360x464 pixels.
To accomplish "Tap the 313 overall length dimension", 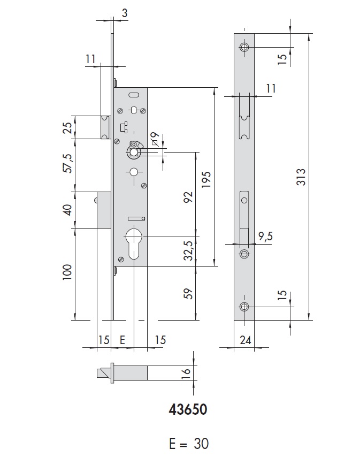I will coord(301,177).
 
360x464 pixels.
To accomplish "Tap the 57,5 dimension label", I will coord(67,164).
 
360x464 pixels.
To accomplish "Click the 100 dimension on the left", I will coord(67,275).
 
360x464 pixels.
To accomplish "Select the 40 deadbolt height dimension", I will coord(67,209).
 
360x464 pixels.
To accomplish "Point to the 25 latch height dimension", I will coord(67,128).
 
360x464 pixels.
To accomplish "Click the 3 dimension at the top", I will coord(124,14).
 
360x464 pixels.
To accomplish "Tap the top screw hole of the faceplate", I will coord(244,47).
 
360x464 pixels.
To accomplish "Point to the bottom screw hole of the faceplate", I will coord(244,307).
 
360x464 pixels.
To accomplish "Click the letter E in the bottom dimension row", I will coord(122,340).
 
